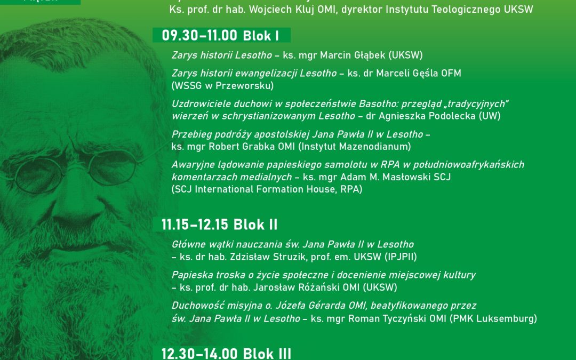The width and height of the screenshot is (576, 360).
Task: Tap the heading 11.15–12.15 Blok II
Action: pos(219,225)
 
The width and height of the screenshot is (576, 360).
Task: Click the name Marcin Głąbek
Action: pos(348,55)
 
